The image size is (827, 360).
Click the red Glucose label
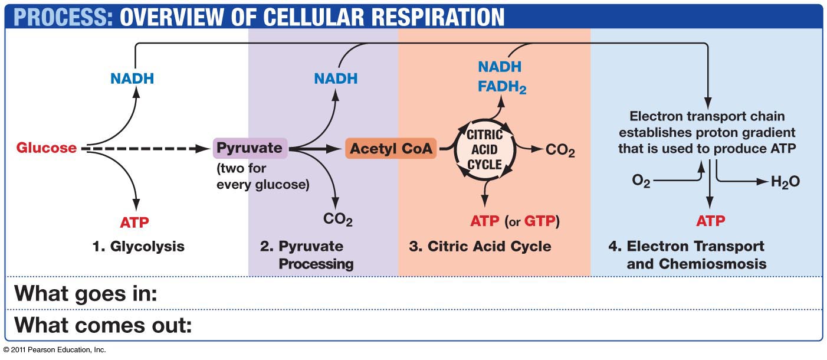47,148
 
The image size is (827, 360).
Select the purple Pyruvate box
250,148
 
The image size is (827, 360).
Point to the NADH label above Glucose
132,78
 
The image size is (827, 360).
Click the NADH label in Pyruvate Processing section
336,78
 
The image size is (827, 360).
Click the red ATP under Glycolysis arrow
134,222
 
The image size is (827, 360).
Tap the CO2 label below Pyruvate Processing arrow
338,220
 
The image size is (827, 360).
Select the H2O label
785,182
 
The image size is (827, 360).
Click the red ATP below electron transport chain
710,221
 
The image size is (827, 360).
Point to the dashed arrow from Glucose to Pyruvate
147,148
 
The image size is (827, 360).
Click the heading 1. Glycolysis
139,246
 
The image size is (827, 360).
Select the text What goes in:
86,293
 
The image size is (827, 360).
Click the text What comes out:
103,325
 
